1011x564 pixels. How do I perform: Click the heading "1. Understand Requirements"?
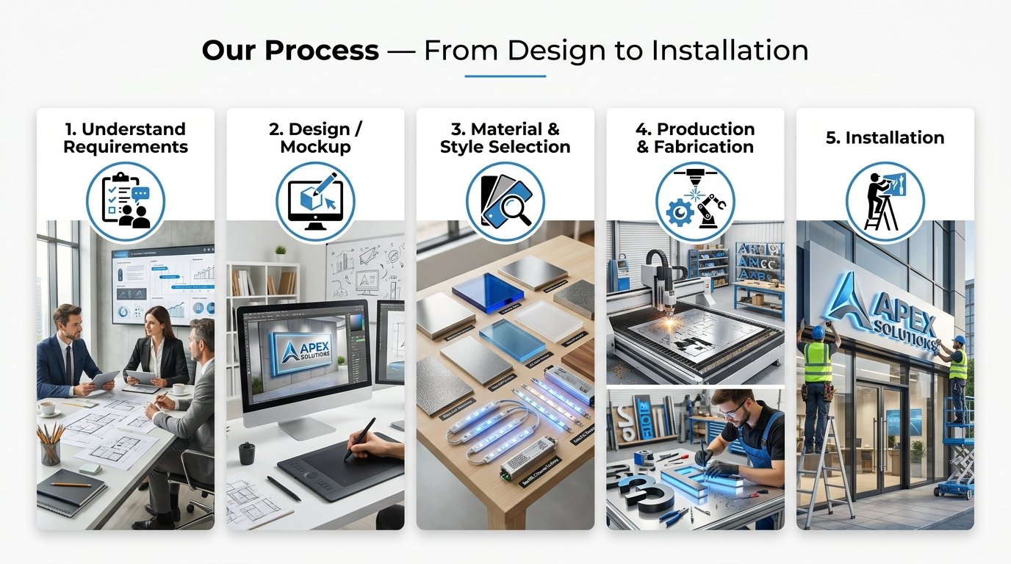126,138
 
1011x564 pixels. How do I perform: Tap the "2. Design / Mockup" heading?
315,138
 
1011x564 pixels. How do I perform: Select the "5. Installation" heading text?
885,138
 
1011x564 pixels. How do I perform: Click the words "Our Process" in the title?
290,50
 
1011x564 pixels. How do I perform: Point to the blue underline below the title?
505,76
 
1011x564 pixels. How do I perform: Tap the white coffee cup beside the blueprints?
47,408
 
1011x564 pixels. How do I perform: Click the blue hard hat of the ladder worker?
818,332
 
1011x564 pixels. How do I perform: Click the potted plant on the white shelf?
280,253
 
